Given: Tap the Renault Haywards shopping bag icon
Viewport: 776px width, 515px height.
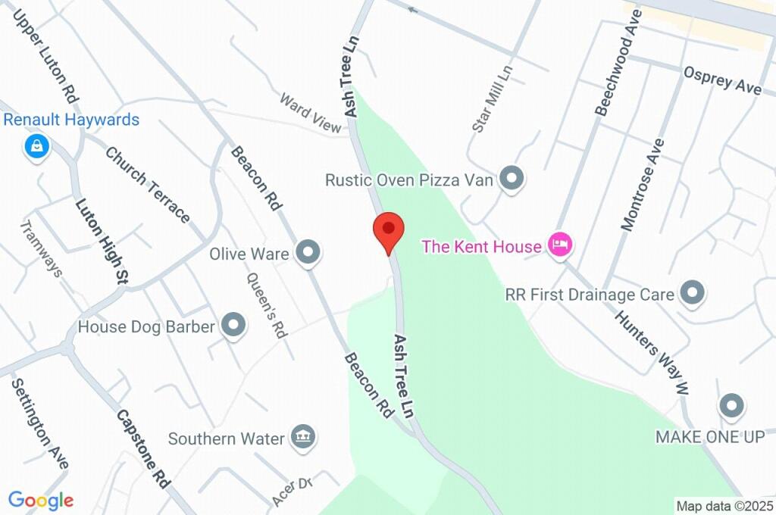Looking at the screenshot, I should click(36, 147).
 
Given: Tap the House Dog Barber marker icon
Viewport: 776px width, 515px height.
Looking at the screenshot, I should click(233, 326).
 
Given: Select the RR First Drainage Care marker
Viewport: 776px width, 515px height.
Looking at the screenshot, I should click(693, 292).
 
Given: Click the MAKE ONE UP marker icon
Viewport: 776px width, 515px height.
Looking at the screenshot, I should click(731, 407).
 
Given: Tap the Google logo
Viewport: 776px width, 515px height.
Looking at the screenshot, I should click(41, 500).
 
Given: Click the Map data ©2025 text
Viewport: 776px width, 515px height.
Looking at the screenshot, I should click(724, 505).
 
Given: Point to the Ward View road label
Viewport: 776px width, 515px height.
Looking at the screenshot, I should click(311, 113).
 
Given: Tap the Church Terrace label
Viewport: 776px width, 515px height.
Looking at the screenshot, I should click(147, 185).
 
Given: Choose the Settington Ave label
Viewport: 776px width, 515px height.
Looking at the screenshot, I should click(39, 423).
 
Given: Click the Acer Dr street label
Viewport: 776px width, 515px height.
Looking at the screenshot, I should click(292, 490).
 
